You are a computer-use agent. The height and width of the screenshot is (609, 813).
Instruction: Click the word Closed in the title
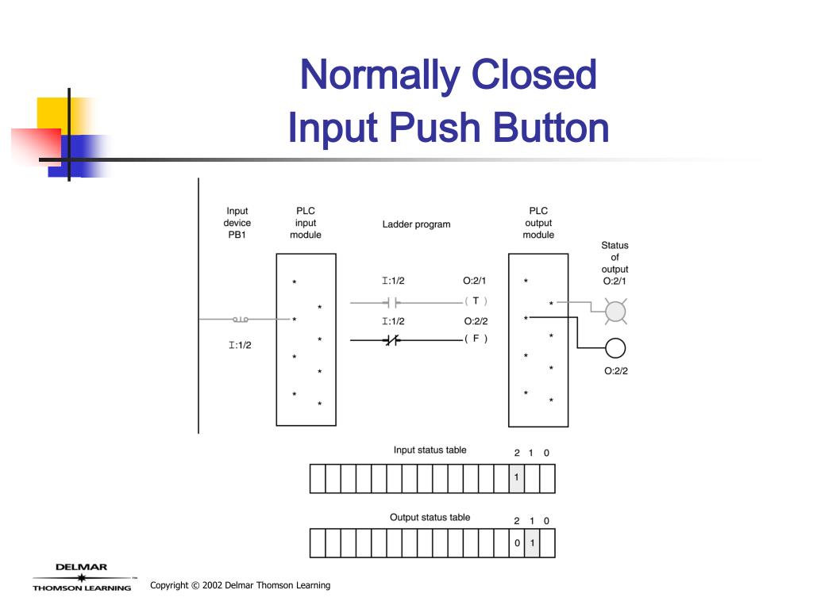[533, 76]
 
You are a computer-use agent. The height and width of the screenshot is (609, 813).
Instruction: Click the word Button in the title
[550, 128]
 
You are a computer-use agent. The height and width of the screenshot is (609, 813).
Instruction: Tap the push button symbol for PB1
[240, 320]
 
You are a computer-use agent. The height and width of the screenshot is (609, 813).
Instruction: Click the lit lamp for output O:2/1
[615, 312]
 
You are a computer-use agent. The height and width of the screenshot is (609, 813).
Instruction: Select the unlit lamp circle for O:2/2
[615, 348]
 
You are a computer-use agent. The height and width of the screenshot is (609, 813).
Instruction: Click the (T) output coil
[476, 301]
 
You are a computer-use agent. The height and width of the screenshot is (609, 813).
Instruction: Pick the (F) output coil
[476, 339]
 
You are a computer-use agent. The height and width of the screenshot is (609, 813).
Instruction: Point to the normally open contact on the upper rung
[391, 302]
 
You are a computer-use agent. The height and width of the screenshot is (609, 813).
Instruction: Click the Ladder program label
[416, 224]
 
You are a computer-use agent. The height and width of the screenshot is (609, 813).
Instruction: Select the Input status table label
[430, 450]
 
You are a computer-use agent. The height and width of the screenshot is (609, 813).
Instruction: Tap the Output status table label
[430, 518]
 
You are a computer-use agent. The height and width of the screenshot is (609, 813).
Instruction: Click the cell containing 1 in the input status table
[516, 478]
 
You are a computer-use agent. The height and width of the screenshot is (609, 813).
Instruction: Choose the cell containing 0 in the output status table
[516, 544]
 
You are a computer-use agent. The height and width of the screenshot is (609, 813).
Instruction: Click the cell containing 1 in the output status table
[531, 544]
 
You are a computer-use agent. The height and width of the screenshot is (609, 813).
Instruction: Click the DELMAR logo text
[81, 567]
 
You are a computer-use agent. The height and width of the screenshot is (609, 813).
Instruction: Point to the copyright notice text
[240, 586]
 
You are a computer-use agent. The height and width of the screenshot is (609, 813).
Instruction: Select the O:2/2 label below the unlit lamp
[615, 371]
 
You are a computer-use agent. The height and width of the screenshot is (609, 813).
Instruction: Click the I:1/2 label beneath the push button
[240, 345]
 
